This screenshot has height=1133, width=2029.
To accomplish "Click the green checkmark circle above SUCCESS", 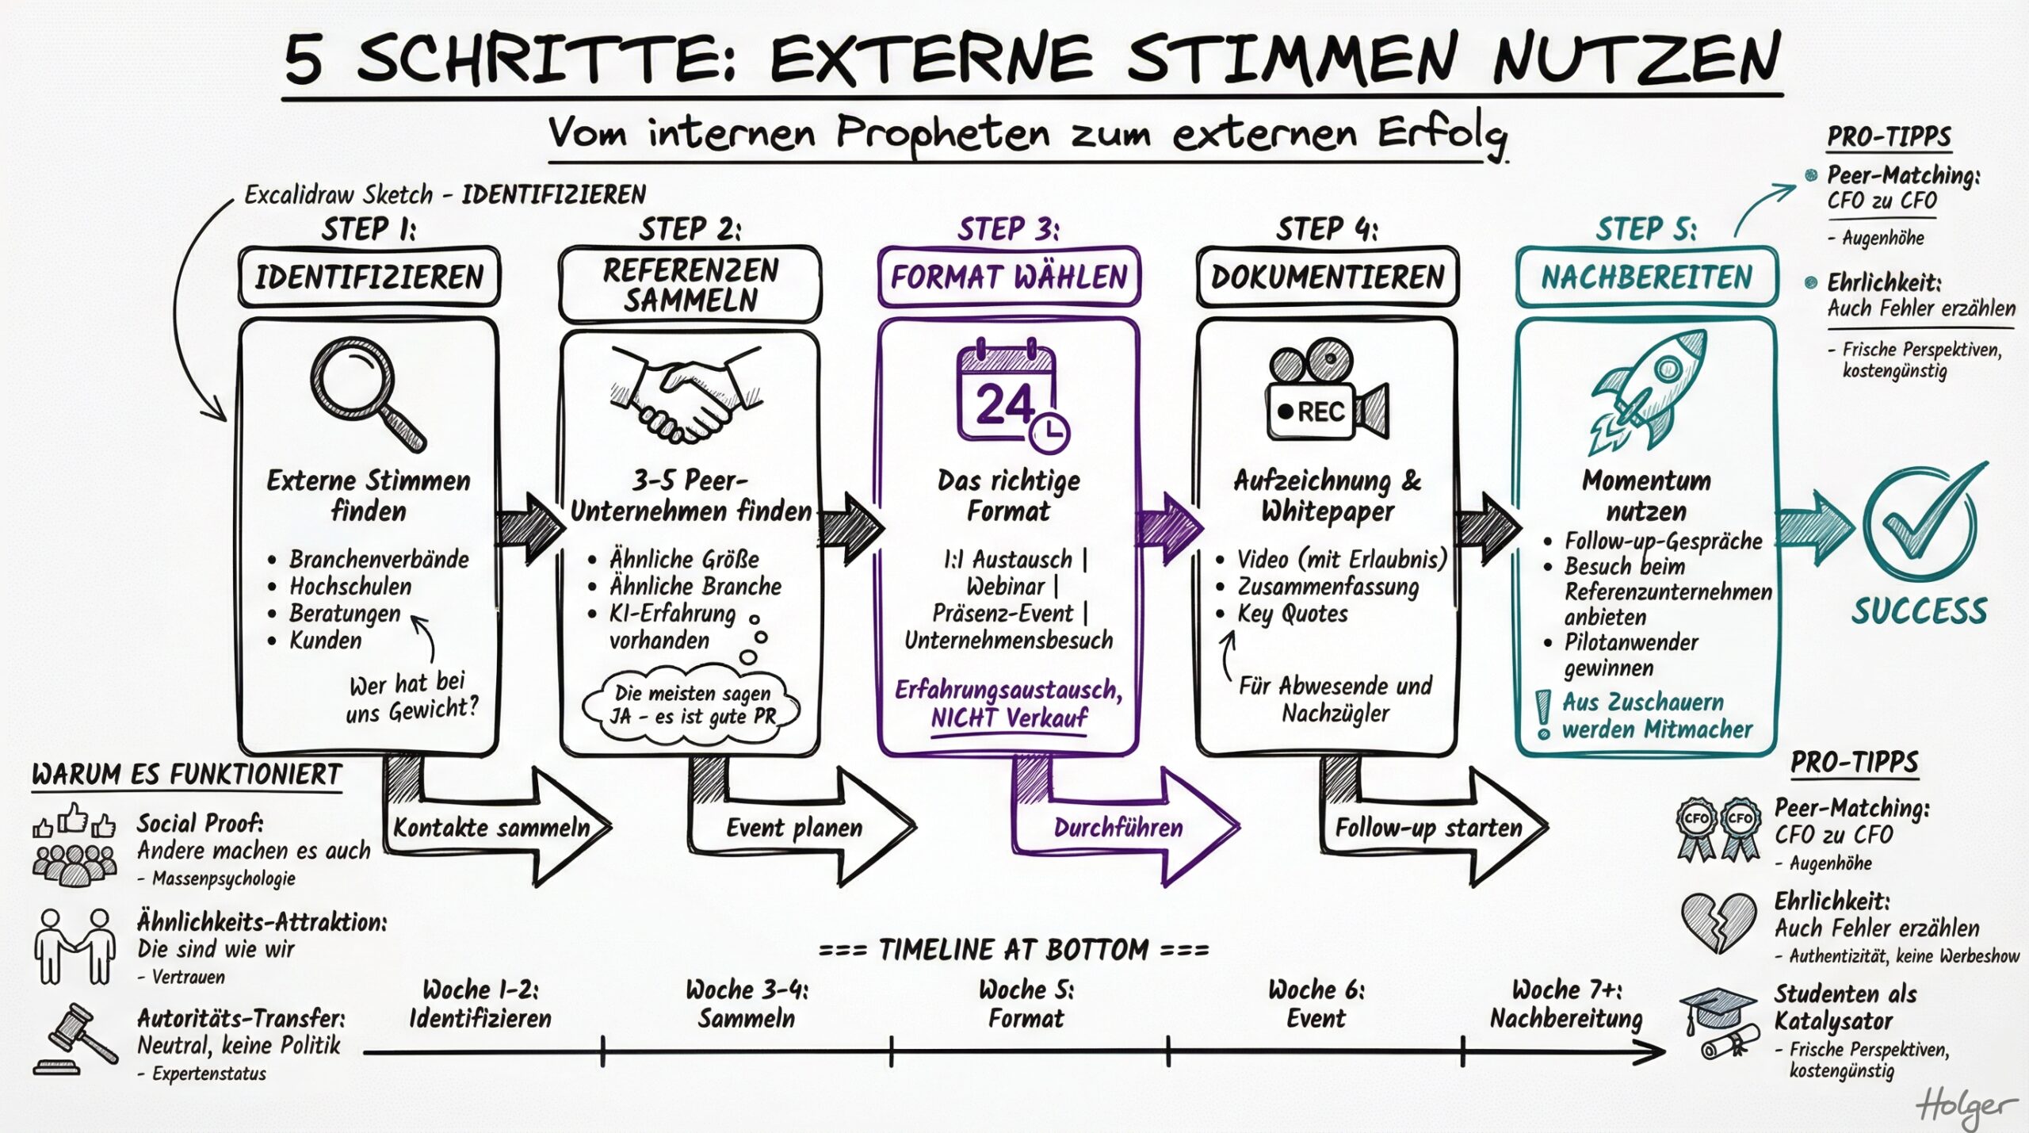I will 1920,524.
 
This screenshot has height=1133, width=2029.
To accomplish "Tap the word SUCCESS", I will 1920,611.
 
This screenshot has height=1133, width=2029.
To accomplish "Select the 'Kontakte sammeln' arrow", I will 492,828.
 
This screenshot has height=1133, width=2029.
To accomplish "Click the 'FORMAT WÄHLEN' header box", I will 1009,278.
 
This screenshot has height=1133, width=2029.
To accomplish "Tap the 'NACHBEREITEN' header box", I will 1646,278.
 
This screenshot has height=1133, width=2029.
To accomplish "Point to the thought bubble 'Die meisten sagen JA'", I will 692,705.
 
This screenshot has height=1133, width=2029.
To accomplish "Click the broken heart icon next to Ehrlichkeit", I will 1718,922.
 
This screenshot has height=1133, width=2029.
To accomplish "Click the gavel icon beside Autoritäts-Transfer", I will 77,1038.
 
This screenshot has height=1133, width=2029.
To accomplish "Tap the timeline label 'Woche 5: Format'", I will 1026,1004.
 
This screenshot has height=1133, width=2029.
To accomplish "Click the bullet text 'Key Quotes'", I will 1292,614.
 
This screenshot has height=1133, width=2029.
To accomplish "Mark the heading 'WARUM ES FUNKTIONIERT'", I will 187,775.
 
